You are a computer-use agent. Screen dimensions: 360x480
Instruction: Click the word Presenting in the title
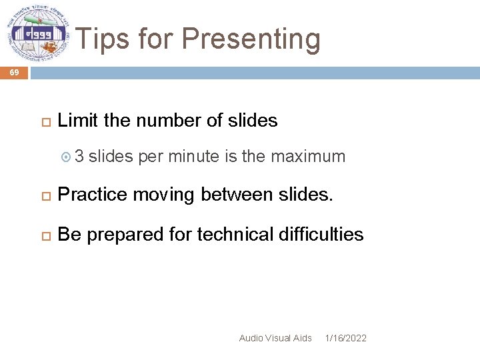[251, 39]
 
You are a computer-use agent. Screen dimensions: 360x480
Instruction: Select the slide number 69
[14, 73]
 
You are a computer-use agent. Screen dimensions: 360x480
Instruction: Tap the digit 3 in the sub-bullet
[79, 157]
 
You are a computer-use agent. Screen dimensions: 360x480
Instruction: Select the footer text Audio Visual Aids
[275, 338]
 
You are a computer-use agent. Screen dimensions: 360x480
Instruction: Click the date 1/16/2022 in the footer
[345, 338]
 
